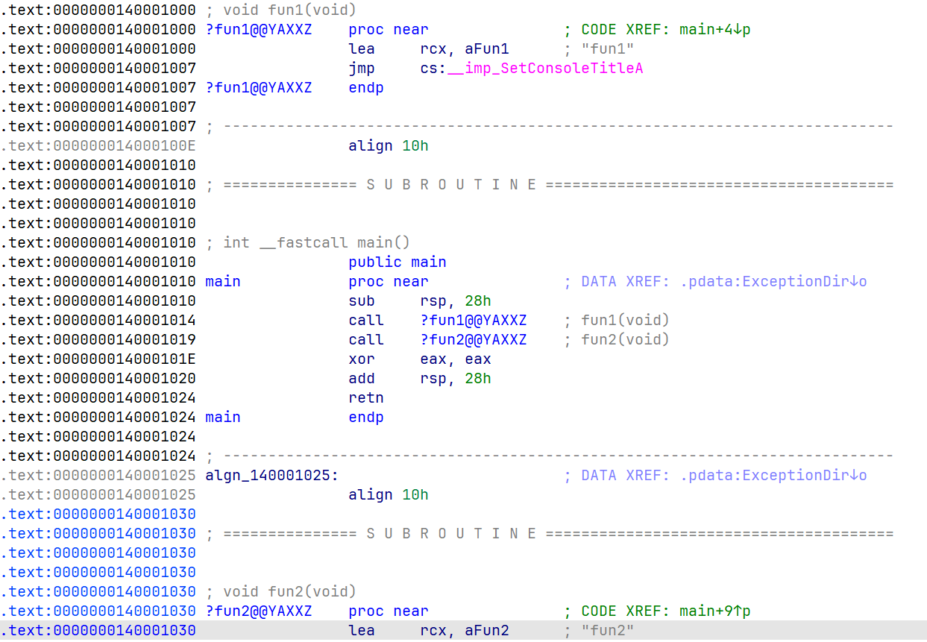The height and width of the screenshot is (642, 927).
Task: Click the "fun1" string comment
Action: coord(607,49)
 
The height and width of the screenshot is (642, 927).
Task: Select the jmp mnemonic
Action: coord(362,69)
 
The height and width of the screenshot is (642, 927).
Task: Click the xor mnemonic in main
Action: coord(362,359)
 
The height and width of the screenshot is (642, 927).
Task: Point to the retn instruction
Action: coord(366,398)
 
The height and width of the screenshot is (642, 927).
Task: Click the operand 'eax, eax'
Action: coord(456,359)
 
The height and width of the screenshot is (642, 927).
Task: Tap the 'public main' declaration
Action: coord(397,262)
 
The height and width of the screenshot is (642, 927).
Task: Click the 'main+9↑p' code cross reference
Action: coord(714,611)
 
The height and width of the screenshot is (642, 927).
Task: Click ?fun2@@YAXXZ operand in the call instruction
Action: coord(474,340)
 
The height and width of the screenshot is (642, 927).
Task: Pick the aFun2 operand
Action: coord(487,631)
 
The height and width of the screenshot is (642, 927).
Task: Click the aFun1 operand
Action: coord(487,49)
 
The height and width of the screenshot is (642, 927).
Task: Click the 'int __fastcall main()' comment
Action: coord(316,243)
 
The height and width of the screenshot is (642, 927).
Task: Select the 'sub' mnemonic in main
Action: coord(362,301)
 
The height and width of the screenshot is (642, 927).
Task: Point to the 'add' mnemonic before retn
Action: coord(362,379)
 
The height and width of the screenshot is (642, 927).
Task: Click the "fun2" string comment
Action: coord(607,631)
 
